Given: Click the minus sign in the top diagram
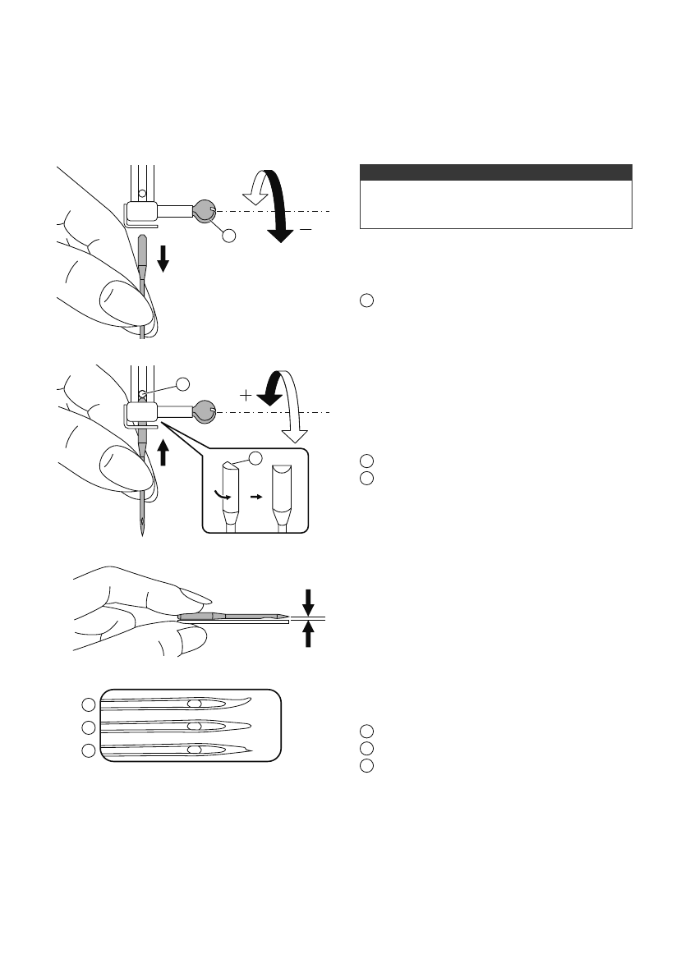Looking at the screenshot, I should tap(305, 231).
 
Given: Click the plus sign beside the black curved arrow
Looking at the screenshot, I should tap(246, 395).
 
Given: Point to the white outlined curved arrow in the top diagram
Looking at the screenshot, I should tap(255, 188).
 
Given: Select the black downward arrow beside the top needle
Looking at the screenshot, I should tap(163, 260).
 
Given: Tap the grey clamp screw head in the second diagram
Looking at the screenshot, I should tap(205, 411).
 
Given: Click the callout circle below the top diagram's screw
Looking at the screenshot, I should tap(228, 236).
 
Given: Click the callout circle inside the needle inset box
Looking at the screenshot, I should tap(255, 457).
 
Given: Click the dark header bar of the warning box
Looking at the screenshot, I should tap(496, 172).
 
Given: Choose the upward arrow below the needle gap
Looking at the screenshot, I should tap(309, 635).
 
